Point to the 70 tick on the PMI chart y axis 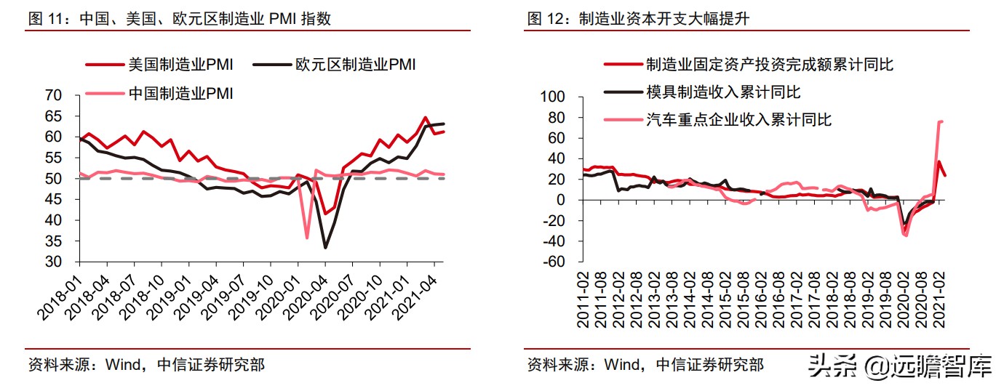(53, 95)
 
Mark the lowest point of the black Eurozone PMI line (325, 248)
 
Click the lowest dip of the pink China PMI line (307, 238)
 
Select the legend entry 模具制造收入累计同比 (723, 92)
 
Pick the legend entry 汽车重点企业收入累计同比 (738, 119)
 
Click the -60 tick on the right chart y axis (554, 262)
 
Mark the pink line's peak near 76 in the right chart (941, 121)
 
